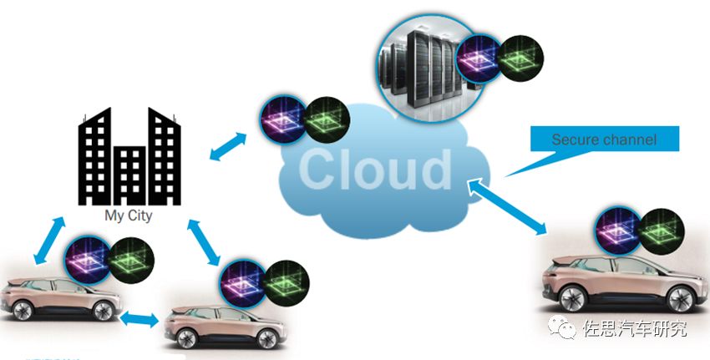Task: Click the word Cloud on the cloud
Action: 373,170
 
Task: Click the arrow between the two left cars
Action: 138,318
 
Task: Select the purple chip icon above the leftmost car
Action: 86,259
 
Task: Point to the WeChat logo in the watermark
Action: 567,328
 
